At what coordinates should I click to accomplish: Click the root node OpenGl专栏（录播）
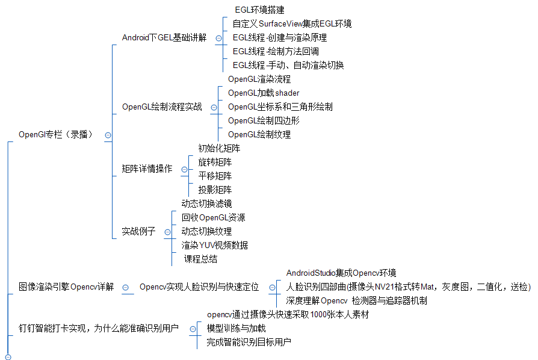[55, 135]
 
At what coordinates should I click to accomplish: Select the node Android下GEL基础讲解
[164, 37]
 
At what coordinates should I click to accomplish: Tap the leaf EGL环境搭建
[259, 10]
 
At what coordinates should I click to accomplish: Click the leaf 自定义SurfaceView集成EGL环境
[292, 23]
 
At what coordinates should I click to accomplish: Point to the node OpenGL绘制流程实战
[162, 107]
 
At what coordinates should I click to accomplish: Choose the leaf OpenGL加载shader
[264, 93]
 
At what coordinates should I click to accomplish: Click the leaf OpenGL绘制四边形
[264, 120]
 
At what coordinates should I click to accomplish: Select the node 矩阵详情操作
[147, 169]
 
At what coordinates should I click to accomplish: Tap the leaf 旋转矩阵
[215, 162]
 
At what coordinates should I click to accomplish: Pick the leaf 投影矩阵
[215, 190]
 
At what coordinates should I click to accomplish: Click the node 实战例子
[138, 231]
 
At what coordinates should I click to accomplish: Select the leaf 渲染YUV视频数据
[215, 245]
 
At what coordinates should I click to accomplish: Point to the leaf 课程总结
[201, 259]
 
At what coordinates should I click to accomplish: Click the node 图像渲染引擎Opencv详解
[66, 287]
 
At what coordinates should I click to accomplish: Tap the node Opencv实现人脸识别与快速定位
[199, 287]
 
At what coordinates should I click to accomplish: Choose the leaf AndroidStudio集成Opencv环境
[341, 273]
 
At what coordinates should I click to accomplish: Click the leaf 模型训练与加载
[236, 329]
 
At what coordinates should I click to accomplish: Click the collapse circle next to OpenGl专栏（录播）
[108, 135]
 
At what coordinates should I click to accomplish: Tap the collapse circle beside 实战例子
[167, 232]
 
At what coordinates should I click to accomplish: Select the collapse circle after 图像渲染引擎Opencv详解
[125, 288]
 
